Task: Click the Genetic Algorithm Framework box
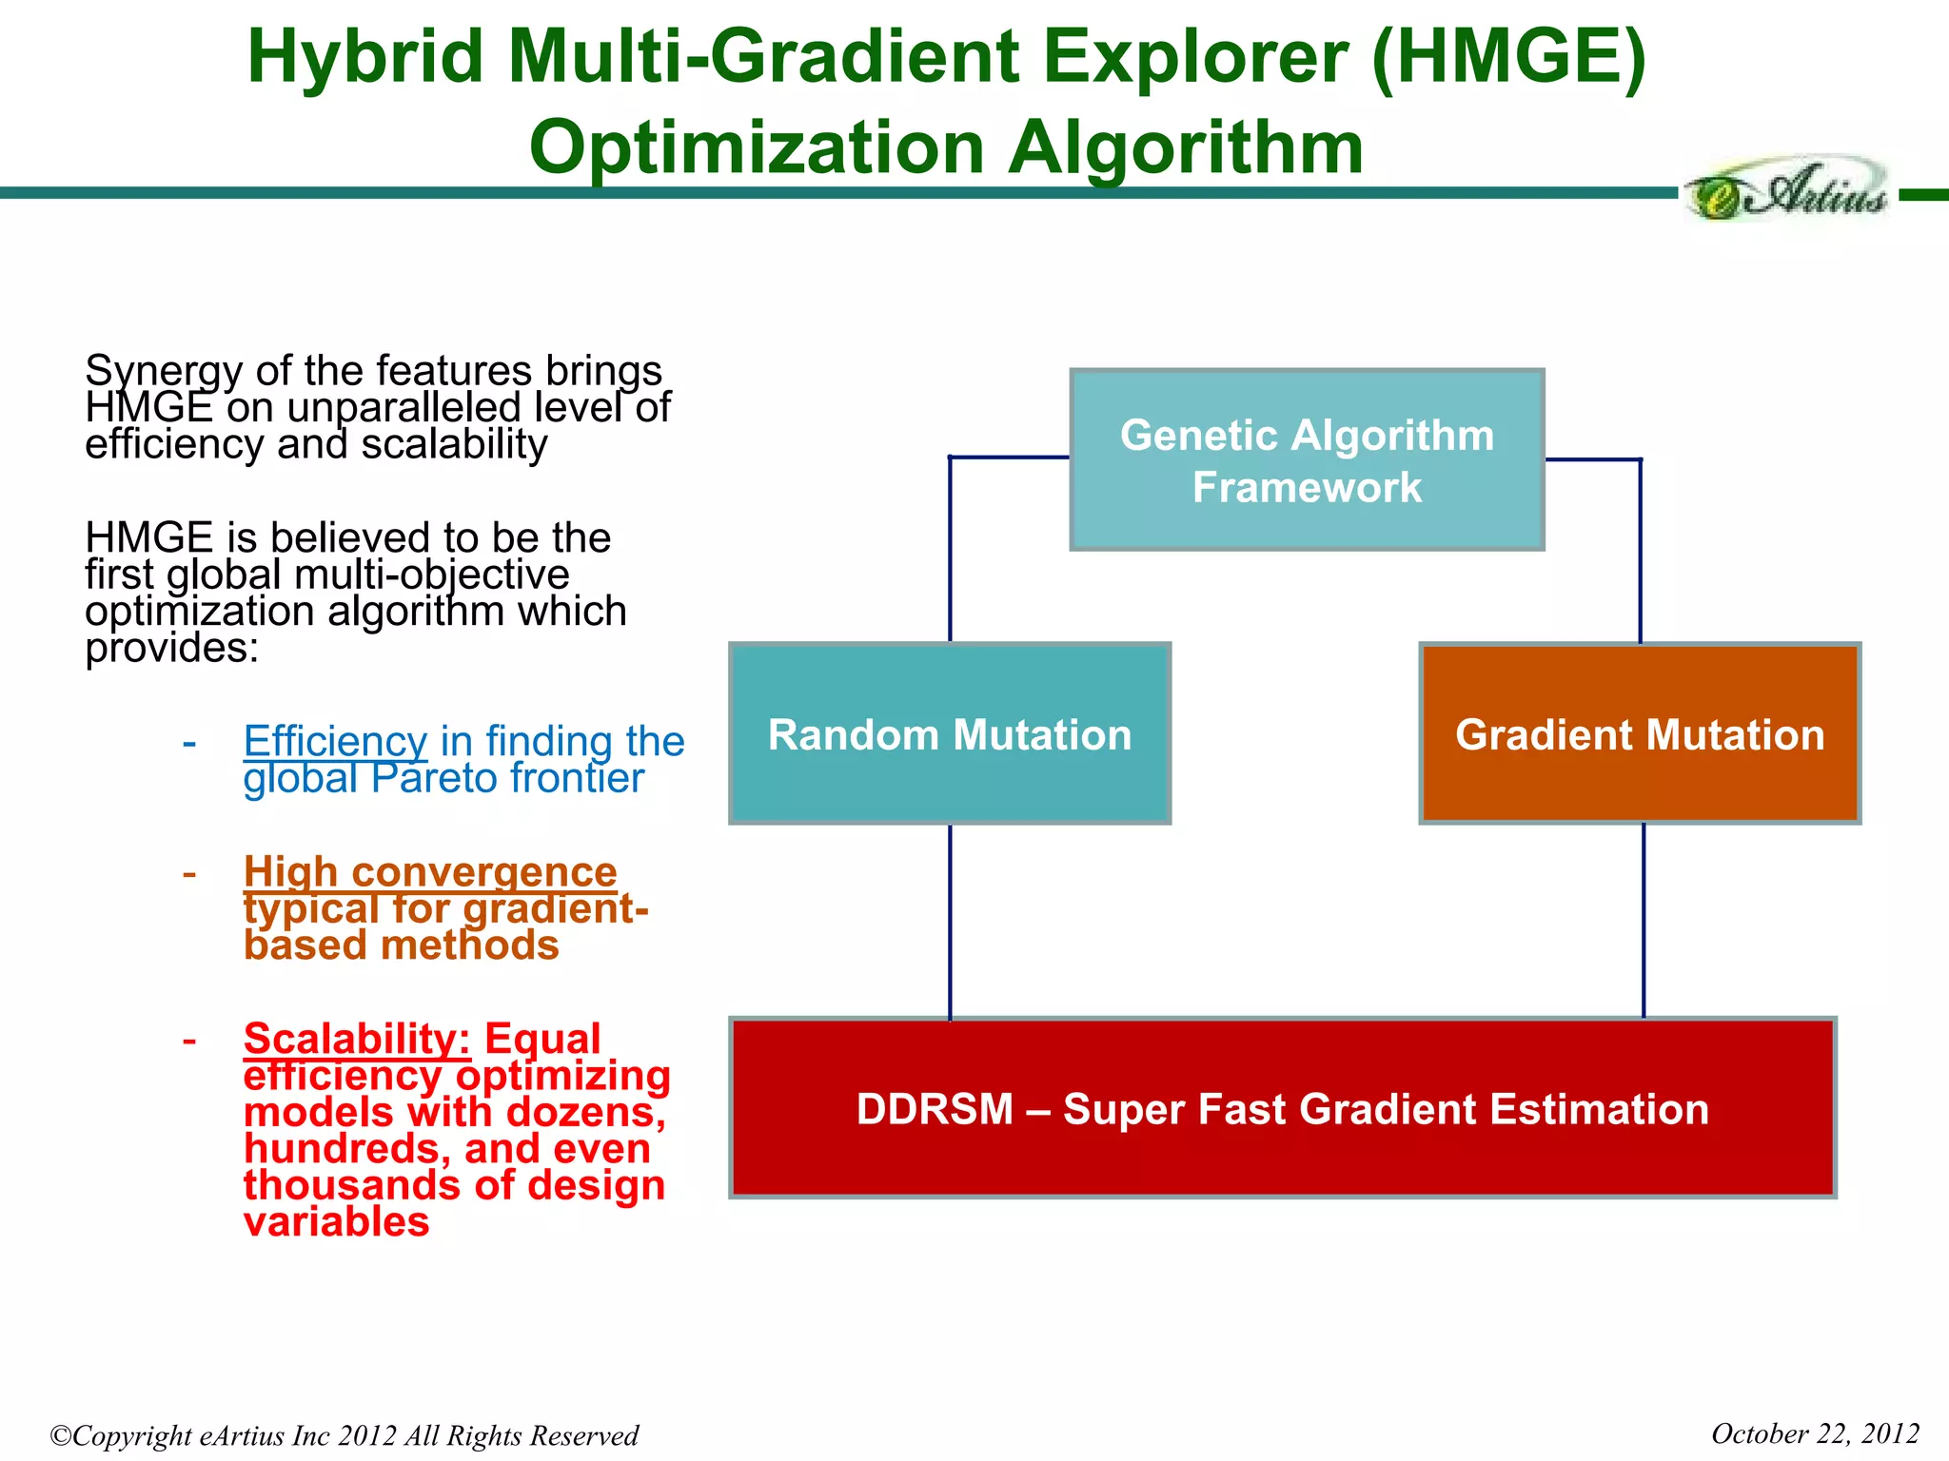tap(1307, 460)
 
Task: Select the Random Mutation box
tap(950, 733)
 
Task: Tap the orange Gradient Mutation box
tap(1640, 733)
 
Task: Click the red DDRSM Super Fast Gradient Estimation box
tap(1282, 1108)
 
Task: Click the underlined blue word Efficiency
tap(335, 740)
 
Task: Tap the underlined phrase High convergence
tap(430, 871)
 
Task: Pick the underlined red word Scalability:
tap(357, 1038)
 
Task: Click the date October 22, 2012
tap(1814, 1433)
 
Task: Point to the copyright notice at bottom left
tap(344, 1435)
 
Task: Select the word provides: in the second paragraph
tap(171, 650)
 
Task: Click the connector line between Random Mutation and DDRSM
tap(950, 921)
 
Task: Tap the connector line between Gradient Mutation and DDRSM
tap(1644, 921)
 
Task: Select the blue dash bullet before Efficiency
tap(189, 742)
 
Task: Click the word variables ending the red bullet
tap(336, 1221)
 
